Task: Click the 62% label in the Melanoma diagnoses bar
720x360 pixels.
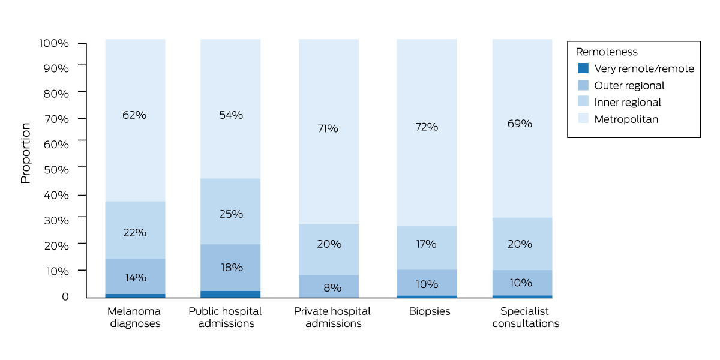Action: coord(134,115)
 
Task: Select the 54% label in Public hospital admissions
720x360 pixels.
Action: coord(231,115)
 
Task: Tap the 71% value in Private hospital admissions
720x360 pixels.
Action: coord(329,128)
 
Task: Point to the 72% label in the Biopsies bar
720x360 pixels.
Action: coord(427,127)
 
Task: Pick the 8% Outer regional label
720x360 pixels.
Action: coord(332,288)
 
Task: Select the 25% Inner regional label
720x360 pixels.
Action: coord(231,214)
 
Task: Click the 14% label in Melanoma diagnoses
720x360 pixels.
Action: coord(134,278)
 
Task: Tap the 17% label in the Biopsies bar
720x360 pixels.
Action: coord(427,244)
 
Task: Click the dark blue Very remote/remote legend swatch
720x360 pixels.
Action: coord(582,68)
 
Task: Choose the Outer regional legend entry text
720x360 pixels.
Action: coord(629,85)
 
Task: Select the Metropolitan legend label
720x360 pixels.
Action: coord(626,119)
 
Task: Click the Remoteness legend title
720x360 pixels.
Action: coord(607,52)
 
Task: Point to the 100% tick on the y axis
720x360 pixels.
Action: coord(55,44)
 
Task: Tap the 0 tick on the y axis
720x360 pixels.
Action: coord(65,296)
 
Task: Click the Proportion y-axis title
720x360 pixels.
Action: coord(26,153)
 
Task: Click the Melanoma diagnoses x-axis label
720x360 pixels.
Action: coord(134,317)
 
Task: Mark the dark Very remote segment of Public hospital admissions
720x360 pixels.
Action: coord(231,294)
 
